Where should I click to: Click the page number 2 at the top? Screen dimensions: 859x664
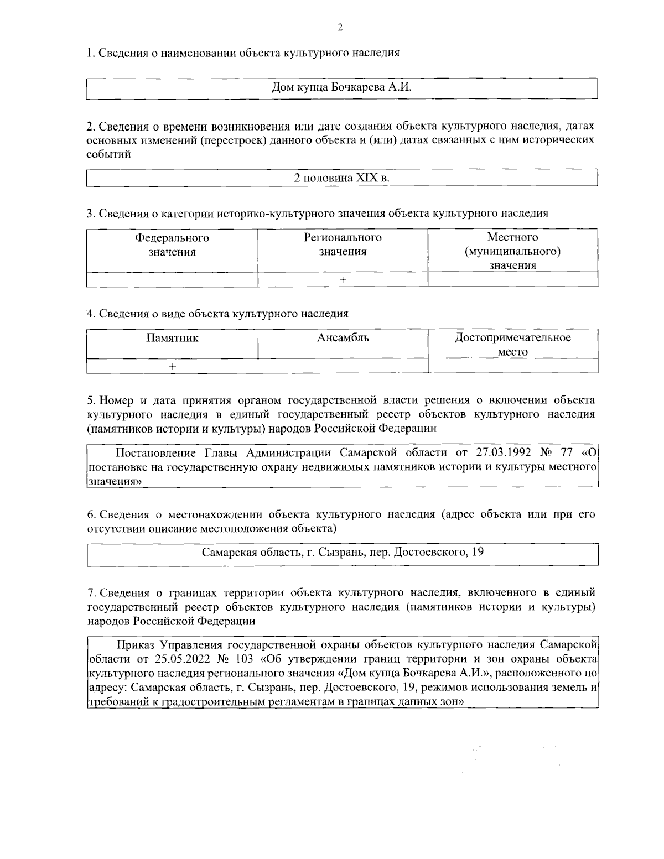pos(340,28)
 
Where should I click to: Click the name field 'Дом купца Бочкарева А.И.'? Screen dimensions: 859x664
pos(343,88)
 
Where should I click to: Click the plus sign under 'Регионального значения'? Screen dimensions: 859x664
pos(343,280)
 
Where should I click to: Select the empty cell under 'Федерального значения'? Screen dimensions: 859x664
pos(172,280)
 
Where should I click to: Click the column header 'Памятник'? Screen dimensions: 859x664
pos(172,338)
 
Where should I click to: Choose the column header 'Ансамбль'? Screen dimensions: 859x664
pos(343,338)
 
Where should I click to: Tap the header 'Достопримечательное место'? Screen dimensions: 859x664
pos(512,345)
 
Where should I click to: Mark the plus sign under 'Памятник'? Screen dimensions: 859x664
pos(173,366)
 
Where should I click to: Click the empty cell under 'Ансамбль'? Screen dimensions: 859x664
pos(343,366)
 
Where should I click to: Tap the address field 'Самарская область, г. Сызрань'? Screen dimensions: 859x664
pos(343,552)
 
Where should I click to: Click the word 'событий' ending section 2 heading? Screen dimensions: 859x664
pos(108,154)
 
